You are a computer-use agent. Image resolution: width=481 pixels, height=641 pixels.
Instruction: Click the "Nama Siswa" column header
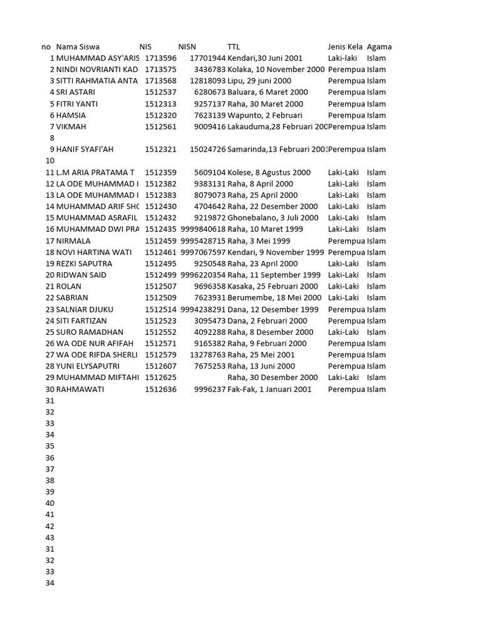(x=78, y=47)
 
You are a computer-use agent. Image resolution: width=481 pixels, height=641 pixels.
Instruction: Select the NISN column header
(x=187, y=47)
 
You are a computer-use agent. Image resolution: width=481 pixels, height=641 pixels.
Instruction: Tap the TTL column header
(x=234, y=47)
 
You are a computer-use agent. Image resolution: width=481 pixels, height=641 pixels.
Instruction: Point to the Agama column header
(x=379, y=47)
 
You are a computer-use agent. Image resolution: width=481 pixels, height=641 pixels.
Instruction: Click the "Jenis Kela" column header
(x=345, y=47)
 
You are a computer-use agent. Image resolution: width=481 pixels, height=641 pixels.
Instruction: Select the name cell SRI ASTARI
(x=76, y=93)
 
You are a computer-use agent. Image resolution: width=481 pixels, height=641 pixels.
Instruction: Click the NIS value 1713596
(x=160, y=58)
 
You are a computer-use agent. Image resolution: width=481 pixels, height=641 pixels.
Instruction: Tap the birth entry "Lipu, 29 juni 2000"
(x=259, y=81)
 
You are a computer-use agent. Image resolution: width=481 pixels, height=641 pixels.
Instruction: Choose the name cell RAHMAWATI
(x=80, y=389)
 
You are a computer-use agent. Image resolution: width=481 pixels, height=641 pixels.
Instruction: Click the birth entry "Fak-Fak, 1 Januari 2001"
(x=269, y=389)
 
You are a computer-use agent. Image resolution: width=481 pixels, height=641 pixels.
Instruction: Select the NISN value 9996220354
(x=203, y=275)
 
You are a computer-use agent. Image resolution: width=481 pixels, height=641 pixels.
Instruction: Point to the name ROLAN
(x=68, y=287)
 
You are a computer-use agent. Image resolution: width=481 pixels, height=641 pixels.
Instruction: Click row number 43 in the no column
(x=50, y=538)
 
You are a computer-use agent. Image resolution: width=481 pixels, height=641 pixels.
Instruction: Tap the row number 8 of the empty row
(x=52, y=138)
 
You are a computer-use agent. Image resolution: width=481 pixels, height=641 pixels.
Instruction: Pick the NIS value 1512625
(x=160, y=378)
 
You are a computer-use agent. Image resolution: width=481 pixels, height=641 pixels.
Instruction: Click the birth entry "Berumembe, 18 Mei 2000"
(x=274, y=298)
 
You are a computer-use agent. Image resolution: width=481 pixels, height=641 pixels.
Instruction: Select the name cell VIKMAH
(x=71, y=127)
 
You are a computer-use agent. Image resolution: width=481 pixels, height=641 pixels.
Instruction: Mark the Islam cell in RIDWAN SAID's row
(x=376, y=275)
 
